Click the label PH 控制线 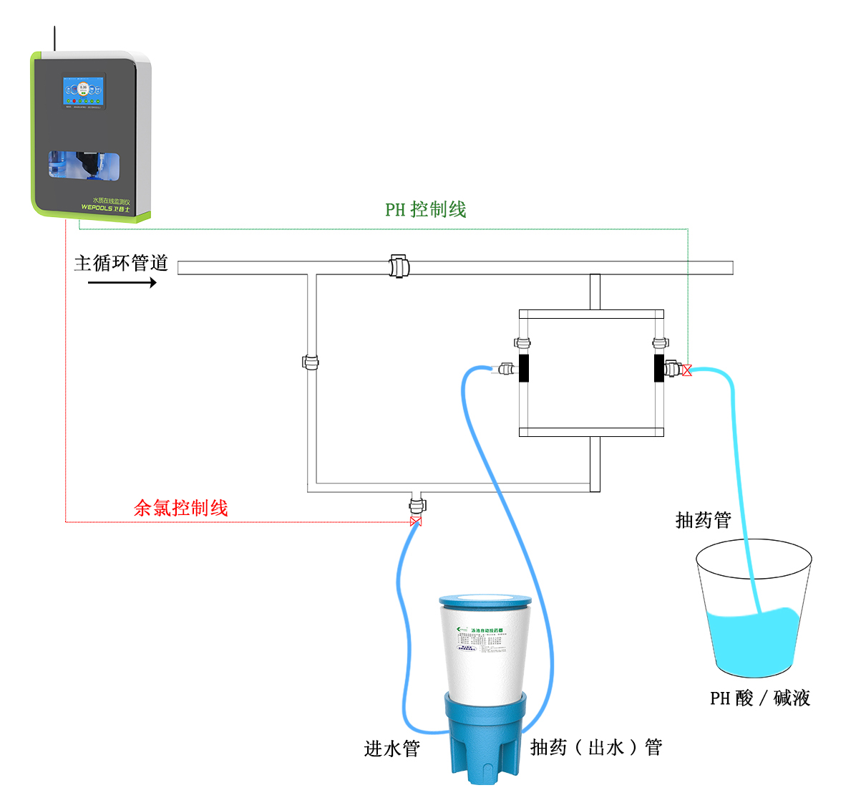point(426,210)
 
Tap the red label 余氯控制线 point(181,509)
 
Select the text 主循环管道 point(121,263)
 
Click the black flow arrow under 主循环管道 point(122,283)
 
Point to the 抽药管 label point(703,520)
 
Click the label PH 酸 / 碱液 point(759,698)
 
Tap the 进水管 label point(391,749)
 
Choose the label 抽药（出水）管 point(595,748)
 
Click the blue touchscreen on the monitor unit point(84,92)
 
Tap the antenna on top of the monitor point(54,39)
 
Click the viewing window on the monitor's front point(83,164)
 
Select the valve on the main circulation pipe point(399,266)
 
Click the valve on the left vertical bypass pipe point(311,362)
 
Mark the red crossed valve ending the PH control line point(687,370)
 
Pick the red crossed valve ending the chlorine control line point(416,521)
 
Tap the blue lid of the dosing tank point(485,600)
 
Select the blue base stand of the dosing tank point(485,738)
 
